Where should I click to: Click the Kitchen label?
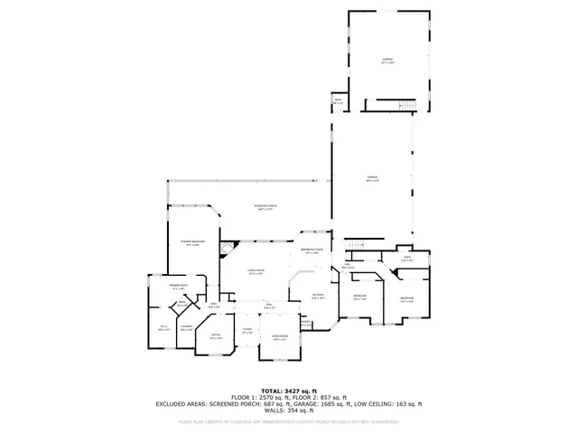(318, 296)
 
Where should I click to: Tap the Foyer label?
(247, 331)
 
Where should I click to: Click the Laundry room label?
(186, 327)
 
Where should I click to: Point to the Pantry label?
(305, 323)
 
